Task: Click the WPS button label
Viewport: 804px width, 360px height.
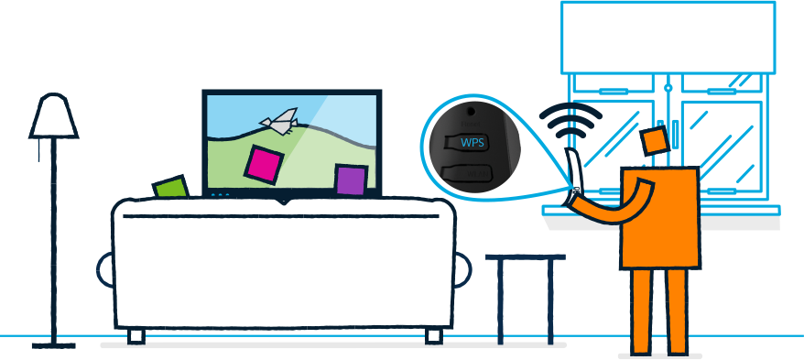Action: [472, 142]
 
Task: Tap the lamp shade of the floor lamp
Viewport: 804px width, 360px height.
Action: [53, 117]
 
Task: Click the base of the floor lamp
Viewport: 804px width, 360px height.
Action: [53, 345]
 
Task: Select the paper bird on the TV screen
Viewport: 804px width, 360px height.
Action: [279, 120]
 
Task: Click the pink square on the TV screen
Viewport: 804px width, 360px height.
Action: [264, 163]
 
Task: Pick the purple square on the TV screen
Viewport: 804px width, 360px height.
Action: [351, 180]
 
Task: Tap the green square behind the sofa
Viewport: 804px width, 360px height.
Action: [170, 187]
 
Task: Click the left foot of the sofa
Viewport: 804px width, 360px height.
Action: [136, 336]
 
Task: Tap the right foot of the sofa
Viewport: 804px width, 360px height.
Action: [433, 336]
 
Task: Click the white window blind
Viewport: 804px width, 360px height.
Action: [668, 37]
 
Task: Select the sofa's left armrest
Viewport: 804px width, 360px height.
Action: [106, 268]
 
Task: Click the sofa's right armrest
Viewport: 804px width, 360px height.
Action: [461, 268]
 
